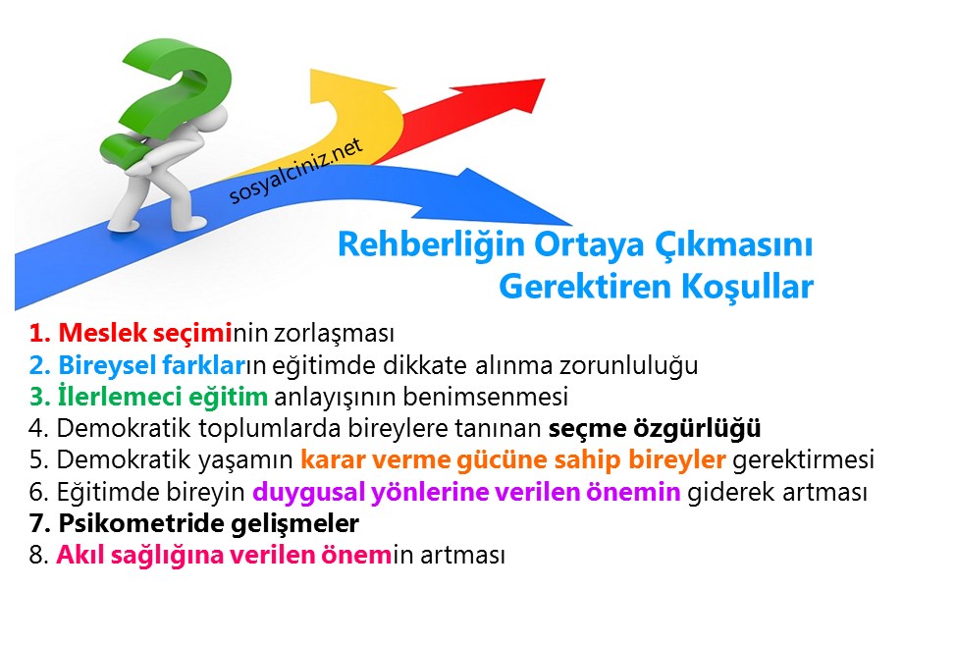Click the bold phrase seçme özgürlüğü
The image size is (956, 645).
click(655, 429)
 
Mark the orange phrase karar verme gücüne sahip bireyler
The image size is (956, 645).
click(513, 460)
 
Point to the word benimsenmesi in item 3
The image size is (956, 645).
click(507, 398)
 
